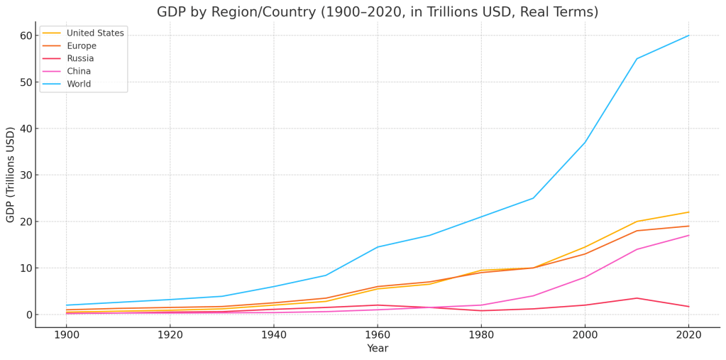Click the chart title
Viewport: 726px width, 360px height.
378,12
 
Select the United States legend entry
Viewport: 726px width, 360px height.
95,33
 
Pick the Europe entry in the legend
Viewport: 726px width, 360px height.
82,46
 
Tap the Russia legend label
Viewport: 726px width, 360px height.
80,59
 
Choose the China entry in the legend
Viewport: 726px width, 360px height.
79,72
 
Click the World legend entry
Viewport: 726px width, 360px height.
79,84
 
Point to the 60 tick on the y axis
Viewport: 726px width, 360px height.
26,36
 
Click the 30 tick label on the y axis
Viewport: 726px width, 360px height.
26,175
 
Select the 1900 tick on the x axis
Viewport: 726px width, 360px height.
66,334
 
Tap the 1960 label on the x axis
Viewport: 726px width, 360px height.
378,334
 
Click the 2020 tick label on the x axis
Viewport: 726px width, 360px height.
688,334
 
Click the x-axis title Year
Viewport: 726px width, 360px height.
378,349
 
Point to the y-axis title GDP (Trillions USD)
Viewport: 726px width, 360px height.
11,175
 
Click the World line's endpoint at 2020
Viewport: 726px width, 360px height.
688,36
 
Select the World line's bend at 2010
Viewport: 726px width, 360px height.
637,59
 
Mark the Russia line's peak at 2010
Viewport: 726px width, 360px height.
637,298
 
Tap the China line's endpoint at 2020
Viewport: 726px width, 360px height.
688,236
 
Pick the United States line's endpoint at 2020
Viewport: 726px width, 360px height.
688,212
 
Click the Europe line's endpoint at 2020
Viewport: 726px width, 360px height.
688,227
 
